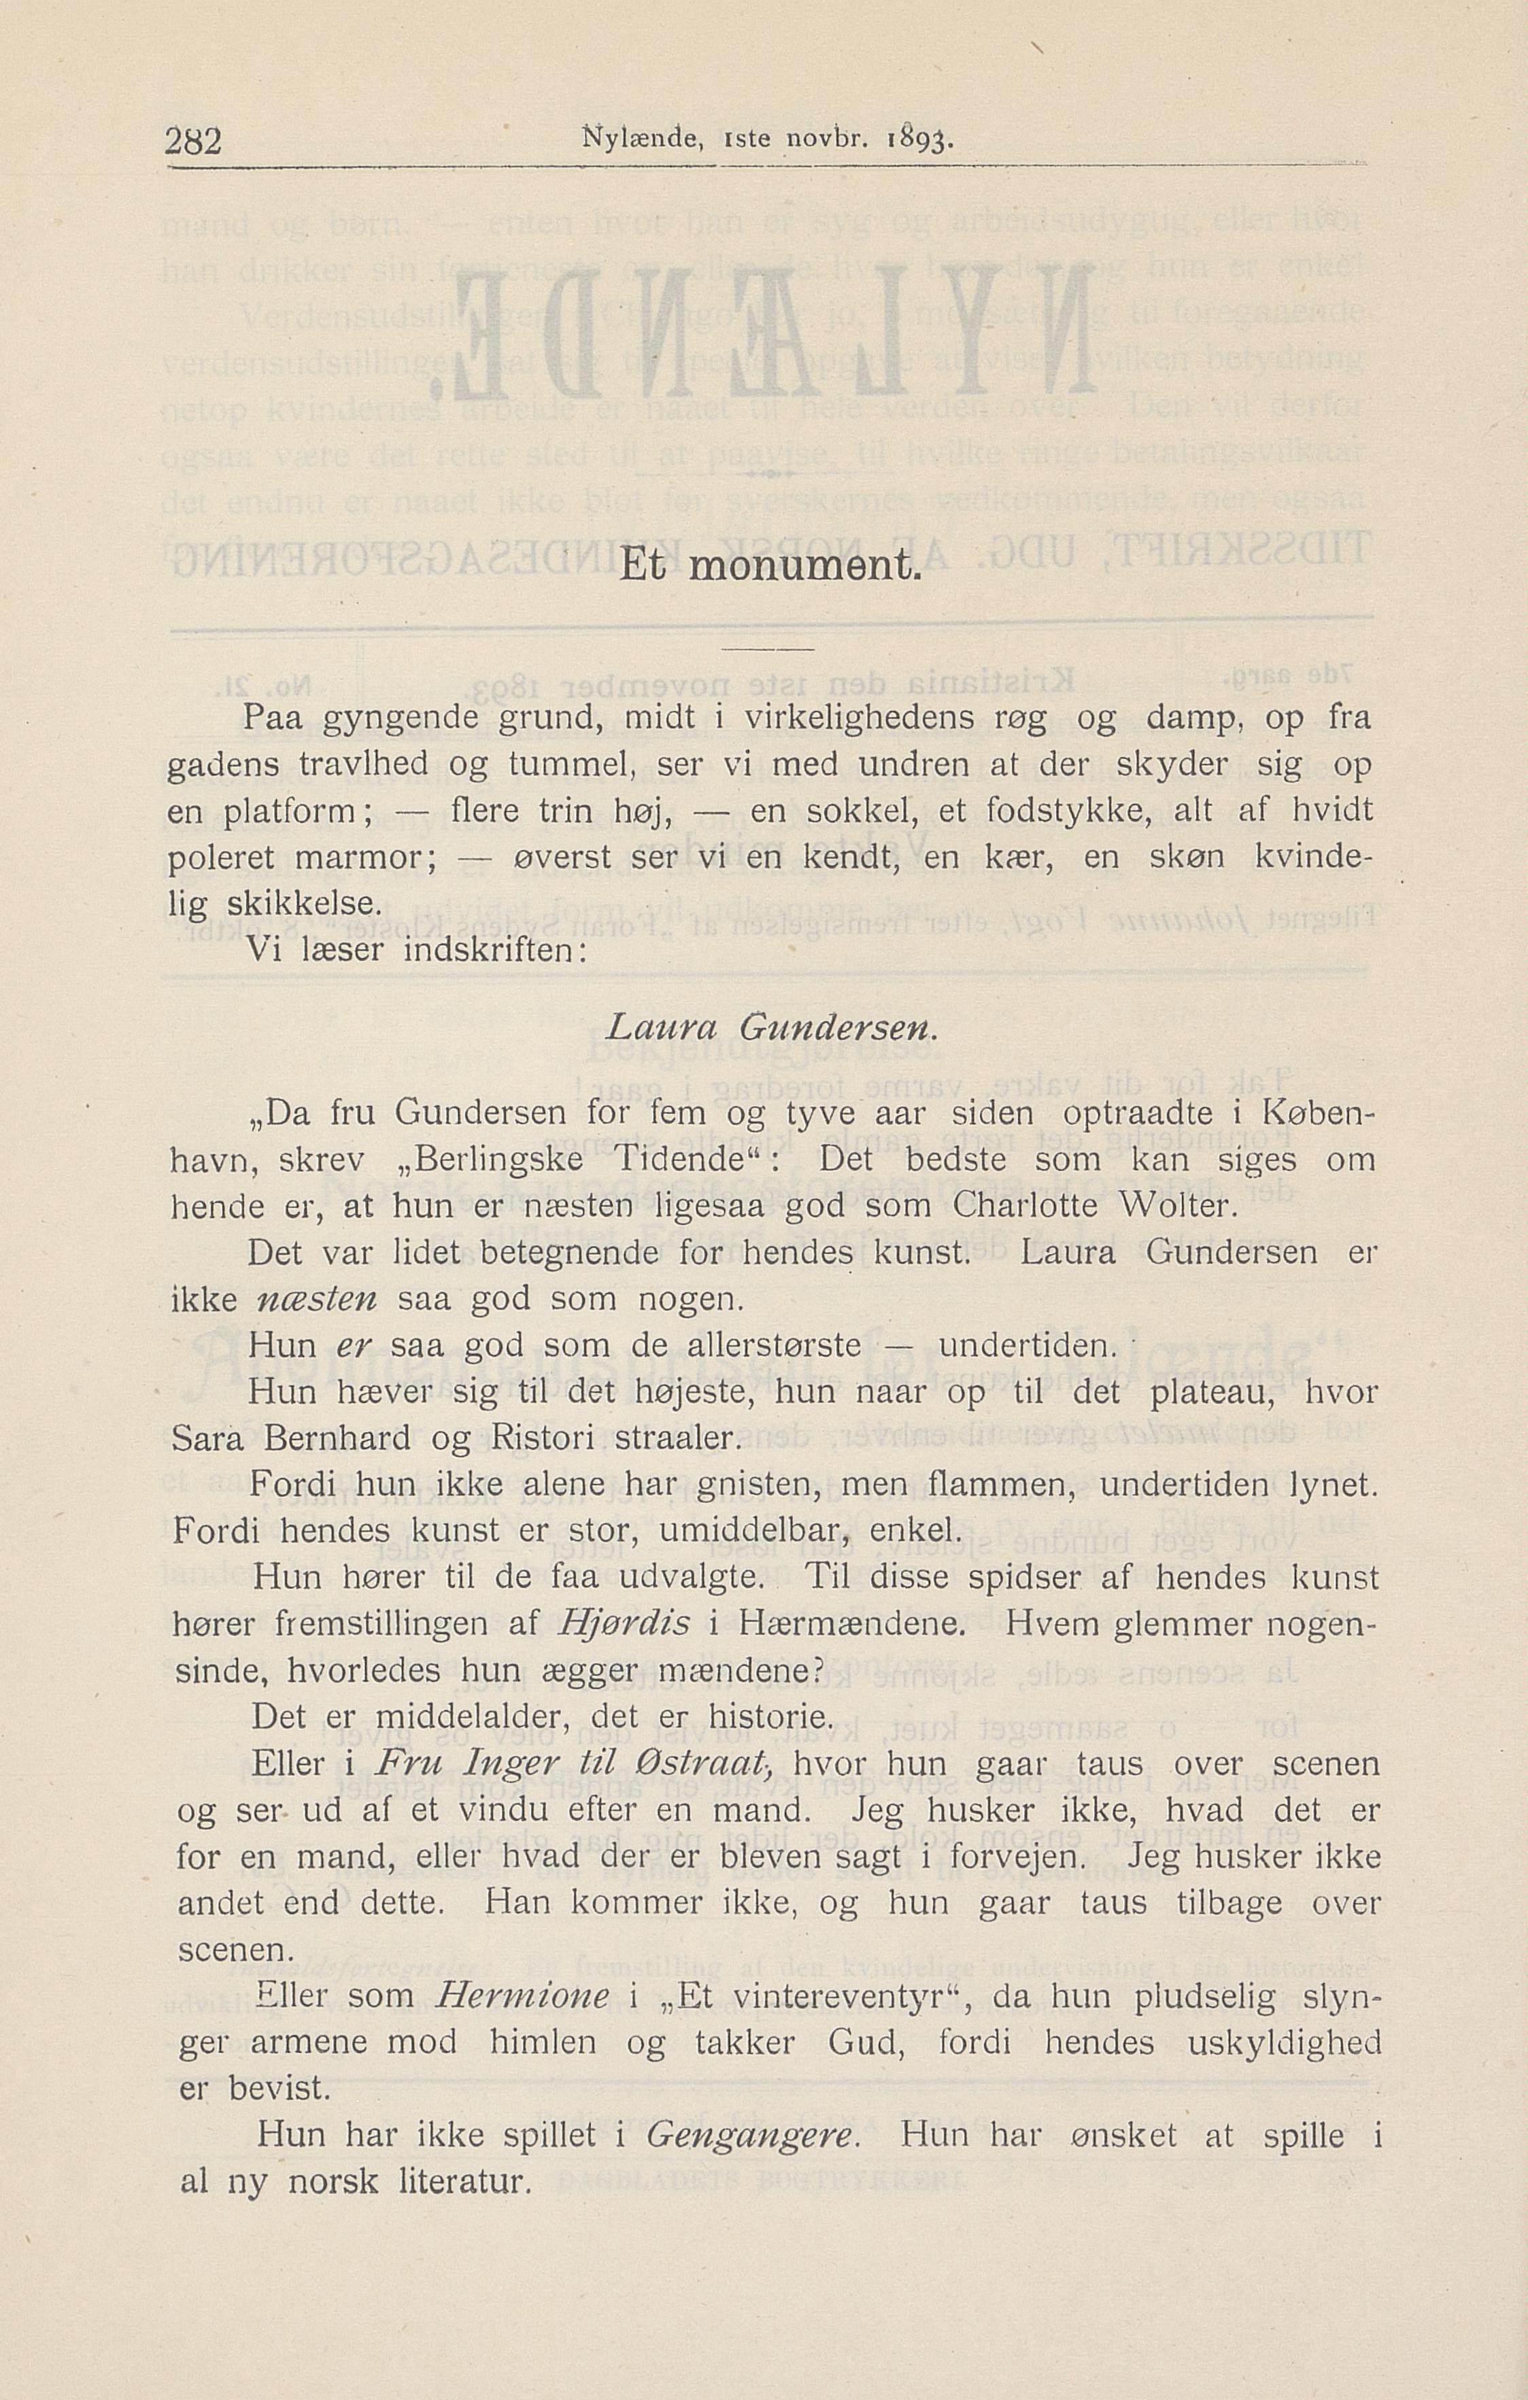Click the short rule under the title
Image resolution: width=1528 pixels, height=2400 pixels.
pyautogui.click(x=766, y=651)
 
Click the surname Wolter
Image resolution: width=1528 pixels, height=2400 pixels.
pyautogui.click(x=1176, y=1207)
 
